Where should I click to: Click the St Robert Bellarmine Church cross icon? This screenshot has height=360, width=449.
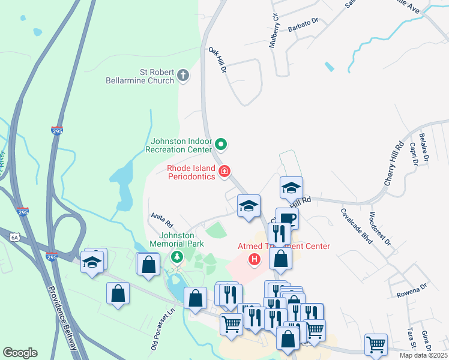click(x=184, y=76)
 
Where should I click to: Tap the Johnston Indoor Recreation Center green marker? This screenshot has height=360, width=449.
click(x=221, y=144)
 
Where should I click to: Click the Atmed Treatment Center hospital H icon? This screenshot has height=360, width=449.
click(x=255, y=259)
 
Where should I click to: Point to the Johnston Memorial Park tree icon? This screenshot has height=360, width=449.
click(x=176, y=257)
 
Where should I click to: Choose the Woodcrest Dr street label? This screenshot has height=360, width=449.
click(x=380, y=229)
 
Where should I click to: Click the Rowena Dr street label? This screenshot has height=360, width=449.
click(x=411, y=295)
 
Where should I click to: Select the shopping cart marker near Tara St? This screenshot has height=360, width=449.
click(x=376, y=344)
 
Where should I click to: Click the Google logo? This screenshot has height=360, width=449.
click(x=20, y=353)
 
